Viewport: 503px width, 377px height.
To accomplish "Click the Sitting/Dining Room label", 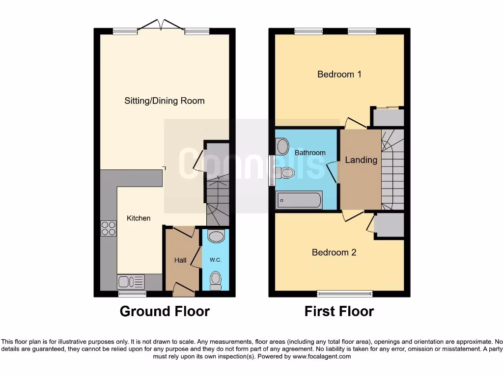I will click(x=164, y=101).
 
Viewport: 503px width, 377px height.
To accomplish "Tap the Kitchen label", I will click(x=139, y=218).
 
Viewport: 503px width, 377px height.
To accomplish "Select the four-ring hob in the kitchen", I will click(x=109, y=229).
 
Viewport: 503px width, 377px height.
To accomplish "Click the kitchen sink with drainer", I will click(x=131, y=281).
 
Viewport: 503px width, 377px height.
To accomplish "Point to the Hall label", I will click(x=180, y=260).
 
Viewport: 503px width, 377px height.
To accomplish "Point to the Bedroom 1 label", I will click(x=339, y=74).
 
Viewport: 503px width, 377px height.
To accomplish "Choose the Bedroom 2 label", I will click(x=334, y=252).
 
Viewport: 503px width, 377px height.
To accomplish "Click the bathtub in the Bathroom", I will click(x=299, y=200).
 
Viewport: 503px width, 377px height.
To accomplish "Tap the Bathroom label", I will click(x=310, y=153).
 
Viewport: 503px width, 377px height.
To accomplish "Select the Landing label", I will click(x=361, y=160).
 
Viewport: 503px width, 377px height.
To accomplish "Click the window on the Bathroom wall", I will click(x=271, y=170).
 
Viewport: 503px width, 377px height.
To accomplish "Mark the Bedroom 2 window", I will click(x=344, y=294).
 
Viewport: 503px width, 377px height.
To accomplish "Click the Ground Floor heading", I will click(x=165, y=311).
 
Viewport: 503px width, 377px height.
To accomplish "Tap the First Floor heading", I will click(x=339, y=311).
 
